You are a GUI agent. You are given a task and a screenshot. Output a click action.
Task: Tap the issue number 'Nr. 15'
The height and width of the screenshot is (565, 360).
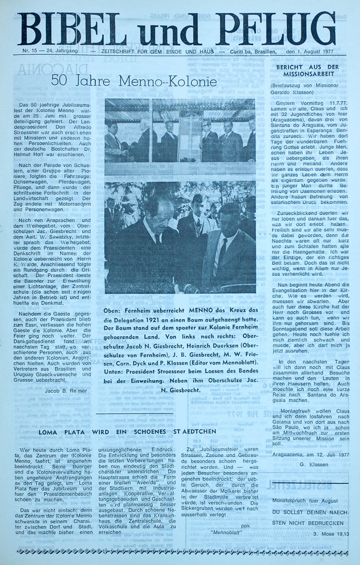pos(30,51)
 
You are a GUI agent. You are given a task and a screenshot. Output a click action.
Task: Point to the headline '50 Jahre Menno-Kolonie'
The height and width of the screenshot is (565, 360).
pos(134,81)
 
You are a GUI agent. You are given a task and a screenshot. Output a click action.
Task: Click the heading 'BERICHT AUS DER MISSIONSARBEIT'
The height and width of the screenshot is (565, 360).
pos(307,70)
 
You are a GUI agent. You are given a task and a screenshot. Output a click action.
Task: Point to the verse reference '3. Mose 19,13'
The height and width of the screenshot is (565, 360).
pos(331,534)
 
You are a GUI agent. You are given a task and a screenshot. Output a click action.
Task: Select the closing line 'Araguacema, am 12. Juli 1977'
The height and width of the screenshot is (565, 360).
pos(311,455)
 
